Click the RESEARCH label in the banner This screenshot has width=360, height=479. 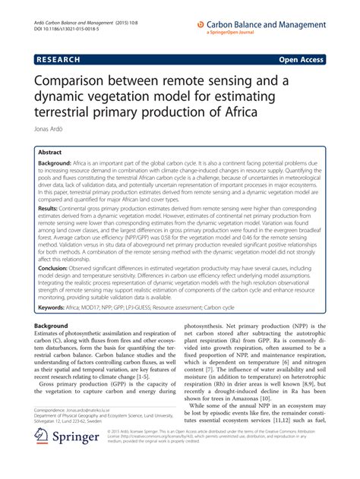(58, 58)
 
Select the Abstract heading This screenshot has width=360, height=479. (50, 151)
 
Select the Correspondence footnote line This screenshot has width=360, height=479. (85, 410)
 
